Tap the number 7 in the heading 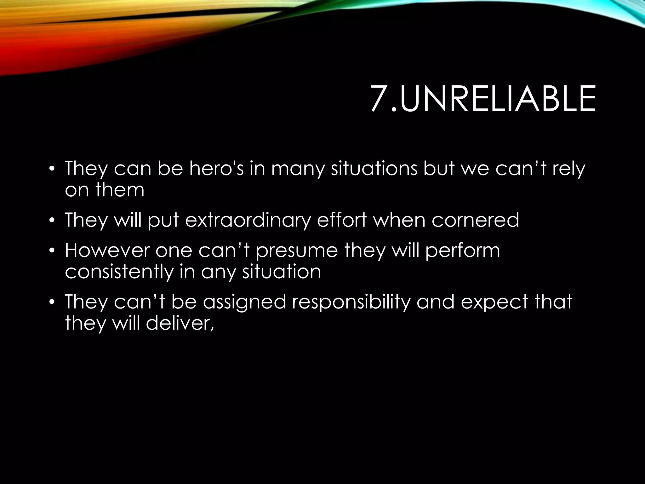coord(379,99)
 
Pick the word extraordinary coord(248,220)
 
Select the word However coord(107,250)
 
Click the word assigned coord(244,302)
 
